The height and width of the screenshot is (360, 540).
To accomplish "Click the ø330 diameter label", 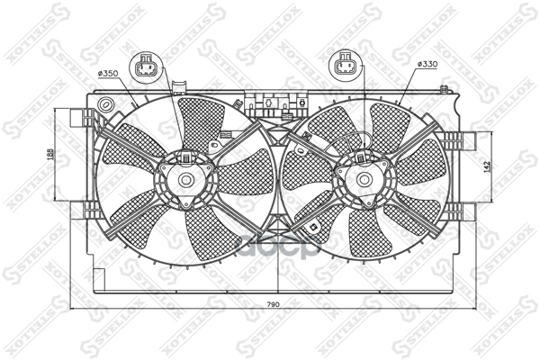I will point(427,66).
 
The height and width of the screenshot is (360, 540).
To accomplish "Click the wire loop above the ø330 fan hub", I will point(360,139).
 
